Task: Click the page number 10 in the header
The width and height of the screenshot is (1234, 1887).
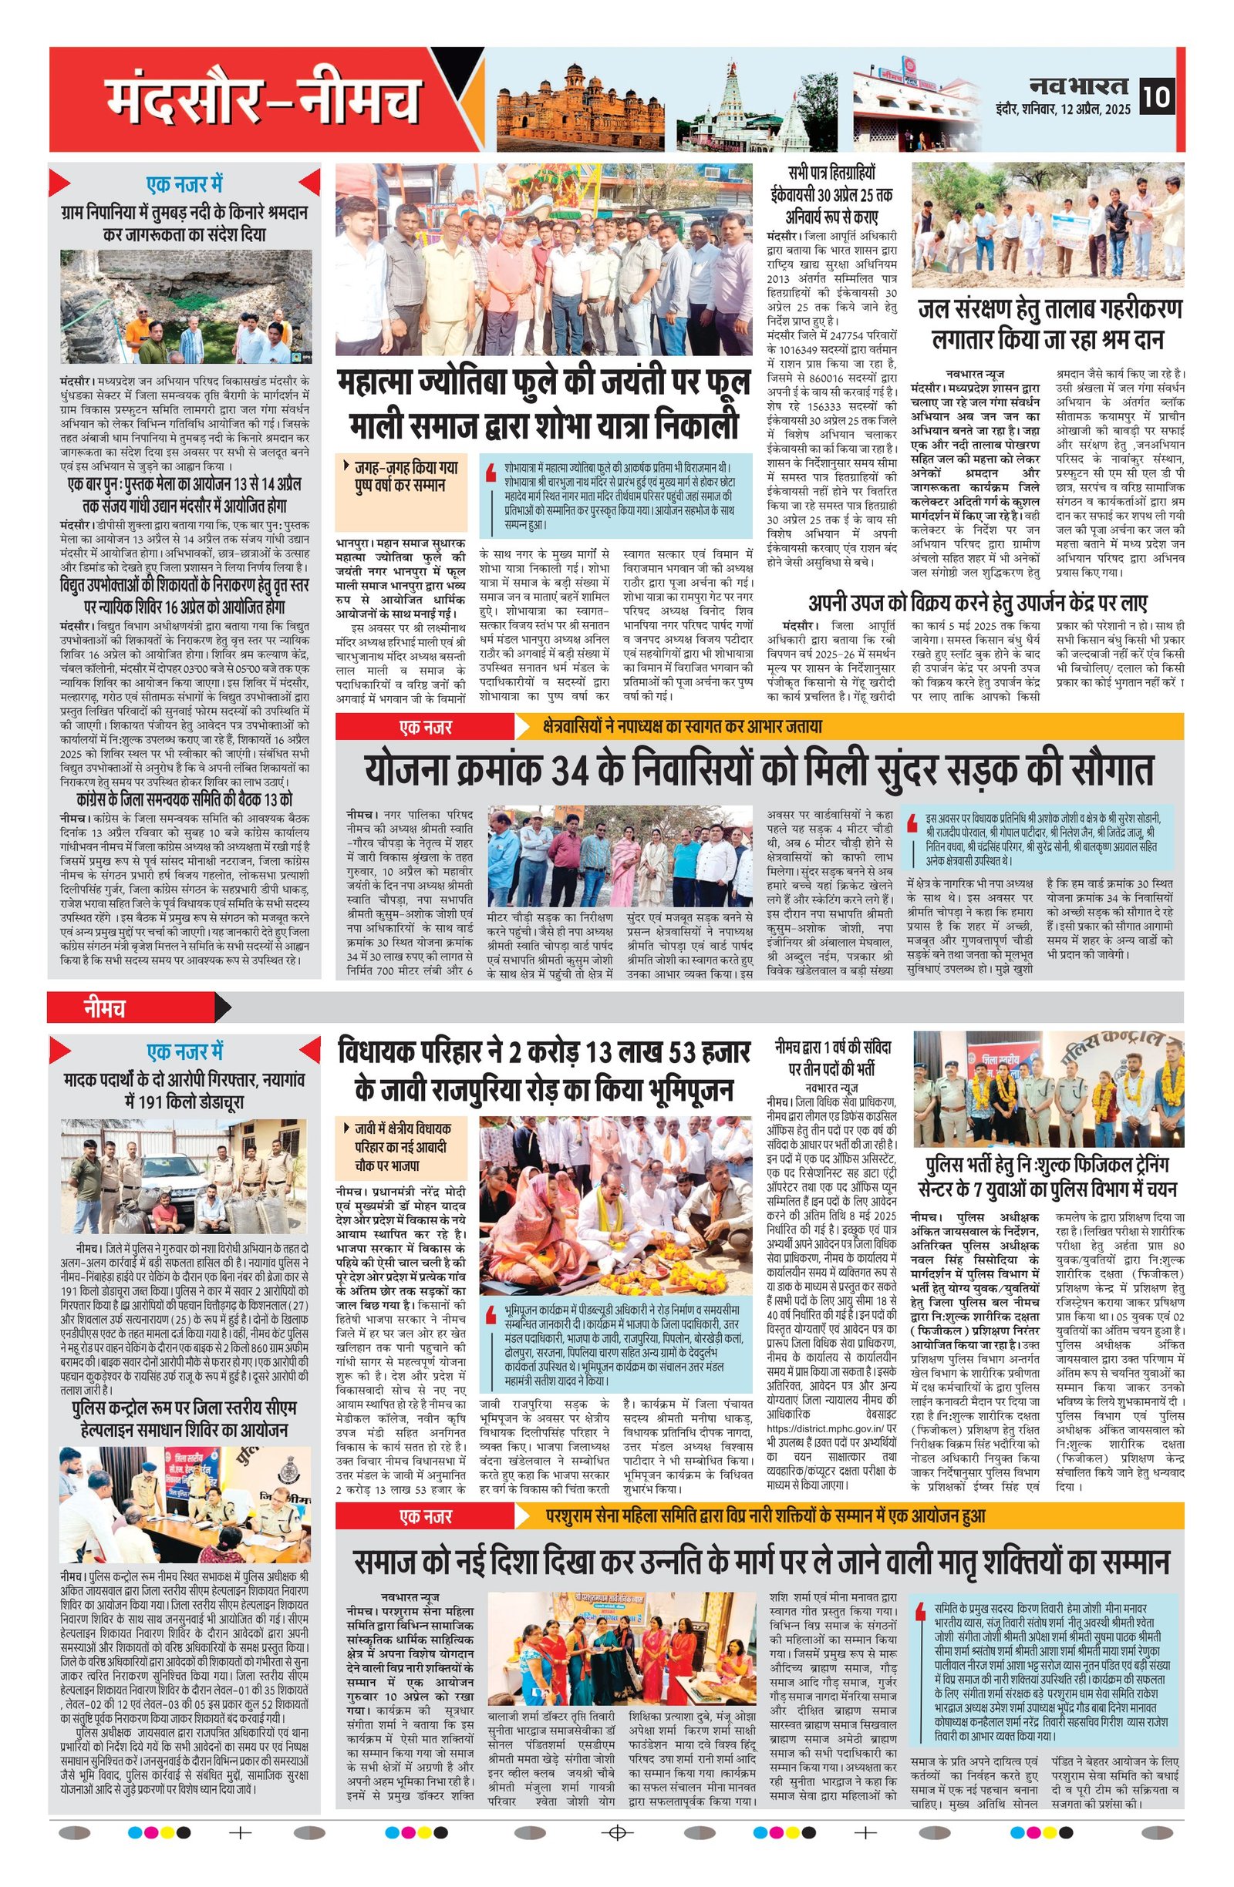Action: [x=1155, y=98]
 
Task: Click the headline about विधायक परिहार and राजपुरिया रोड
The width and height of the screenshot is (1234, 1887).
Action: [x=543, y=1071]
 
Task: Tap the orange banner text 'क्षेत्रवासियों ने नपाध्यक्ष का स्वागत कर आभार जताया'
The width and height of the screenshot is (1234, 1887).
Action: [x=682, y=725]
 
